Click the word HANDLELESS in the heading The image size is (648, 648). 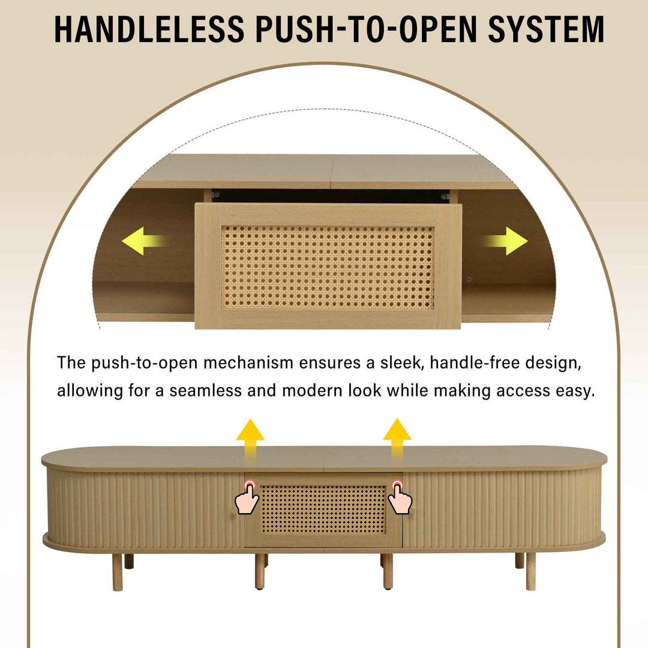pos(149,29)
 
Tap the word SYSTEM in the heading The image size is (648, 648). pos(546,29)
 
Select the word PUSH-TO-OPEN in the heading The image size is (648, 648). pos(366,29)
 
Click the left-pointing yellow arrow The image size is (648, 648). pos(145,241)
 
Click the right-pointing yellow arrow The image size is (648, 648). pos(505,241)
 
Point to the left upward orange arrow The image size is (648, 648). pos(250,437)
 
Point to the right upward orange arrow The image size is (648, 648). pos(397,437)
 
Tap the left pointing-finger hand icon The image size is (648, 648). pos(247,497)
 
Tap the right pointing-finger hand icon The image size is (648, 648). pos(400,497)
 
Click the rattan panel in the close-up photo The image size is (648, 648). pos(328,267)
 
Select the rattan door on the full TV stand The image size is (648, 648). pos(323,510)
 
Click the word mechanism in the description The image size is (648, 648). pos(248,363)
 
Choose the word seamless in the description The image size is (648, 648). pos(205,391)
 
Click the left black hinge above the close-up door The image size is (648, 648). pos(215,194)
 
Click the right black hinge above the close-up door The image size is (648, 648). pos(445,196)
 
